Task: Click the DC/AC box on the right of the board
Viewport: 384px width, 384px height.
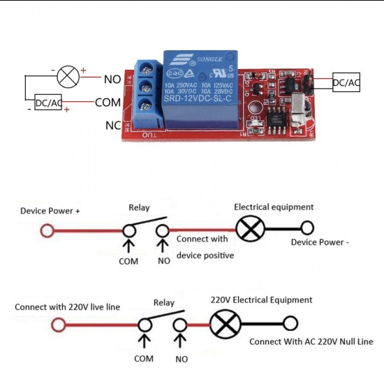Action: click(x=346, y=82)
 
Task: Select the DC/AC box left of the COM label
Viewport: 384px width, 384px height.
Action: click(x=49, y=103)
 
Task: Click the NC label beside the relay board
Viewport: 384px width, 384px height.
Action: click(x=112, y=126)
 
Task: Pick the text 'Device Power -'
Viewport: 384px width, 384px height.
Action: click(x=319, y=242)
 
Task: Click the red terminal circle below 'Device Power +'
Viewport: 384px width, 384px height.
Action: click(x=47, y=230)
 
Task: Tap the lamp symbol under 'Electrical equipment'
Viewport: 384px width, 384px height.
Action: click(x=248, y=228)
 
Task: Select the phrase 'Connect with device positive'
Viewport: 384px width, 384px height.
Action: click(x=205, y=247)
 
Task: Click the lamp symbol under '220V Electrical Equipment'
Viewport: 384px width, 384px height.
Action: click(x=223, y=324)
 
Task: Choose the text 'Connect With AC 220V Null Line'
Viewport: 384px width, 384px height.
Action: click(x=311, y=341)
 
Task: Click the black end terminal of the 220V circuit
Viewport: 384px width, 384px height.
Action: click(x=290, y=323)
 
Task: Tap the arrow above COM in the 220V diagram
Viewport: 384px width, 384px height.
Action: click(x=145, y=342)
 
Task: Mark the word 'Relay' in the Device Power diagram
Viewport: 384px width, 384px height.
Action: click(x=140, y=207)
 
